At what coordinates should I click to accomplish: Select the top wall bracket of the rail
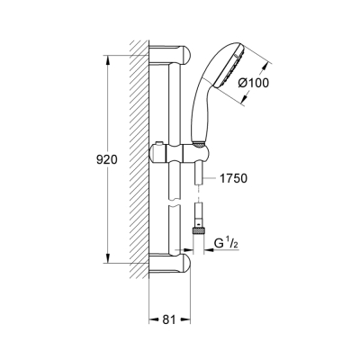[x=171, y=53]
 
